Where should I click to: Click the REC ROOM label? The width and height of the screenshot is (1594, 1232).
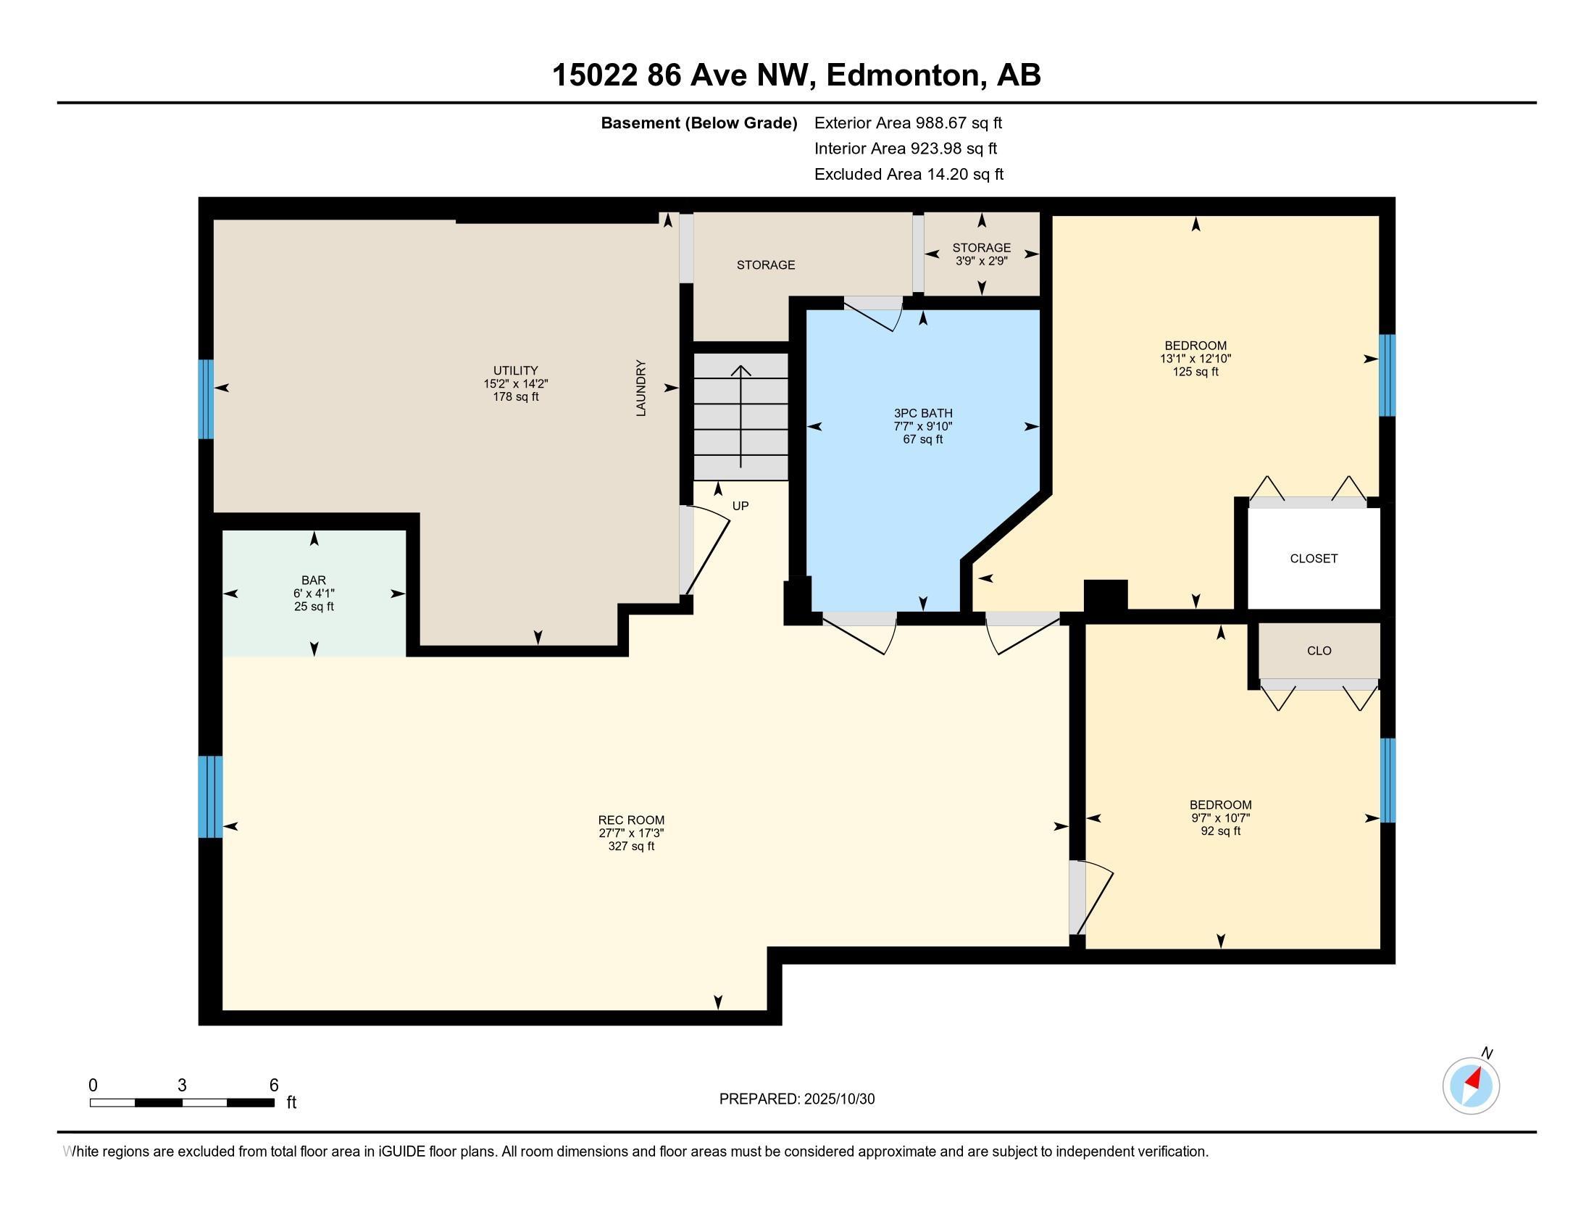tap(630, 820)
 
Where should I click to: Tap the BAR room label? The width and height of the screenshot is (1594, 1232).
tap(314, 580)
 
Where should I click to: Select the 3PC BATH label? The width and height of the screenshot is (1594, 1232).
tap(922, 413)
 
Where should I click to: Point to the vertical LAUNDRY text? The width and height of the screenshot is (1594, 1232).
tap(640, 388)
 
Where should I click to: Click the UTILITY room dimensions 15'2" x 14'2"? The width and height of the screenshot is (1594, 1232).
tap(515, 384)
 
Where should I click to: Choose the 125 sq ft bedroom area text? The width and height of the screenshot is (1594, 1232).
tap(1195, 372)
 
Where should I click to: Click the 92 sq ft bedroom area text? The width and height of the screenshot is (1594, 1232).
tap(1220, 831)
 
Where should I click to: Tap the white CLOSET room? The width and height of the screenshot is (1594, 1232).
tap(1313, 558)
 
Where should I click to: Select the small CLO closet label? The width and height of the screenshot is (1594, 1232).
tap(1319, 650)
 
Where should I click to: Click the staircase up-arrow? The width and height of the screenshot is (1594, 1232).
tap(740, 416)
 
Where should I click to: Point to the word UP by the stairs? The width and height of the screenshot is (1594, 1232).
tap(740, 506)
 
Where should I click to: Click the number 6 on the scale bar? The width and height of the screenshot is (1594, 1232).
tap(274, 1086)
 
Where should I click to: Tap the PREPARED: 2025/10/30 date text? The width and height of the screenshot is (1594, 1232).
tap(796, 1099)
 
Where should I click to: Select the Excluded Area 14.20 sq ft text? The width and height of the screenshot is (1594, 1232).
tap(909, 175)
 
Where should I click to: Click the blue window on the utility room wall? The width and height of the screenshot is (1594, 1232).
tap(206, 399)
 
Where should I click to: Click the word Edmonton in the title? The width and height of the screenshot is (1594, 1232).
tap(904, 75)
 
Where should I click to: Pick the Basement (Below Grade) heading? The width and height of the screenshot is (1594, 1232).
tap(698, 123)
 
